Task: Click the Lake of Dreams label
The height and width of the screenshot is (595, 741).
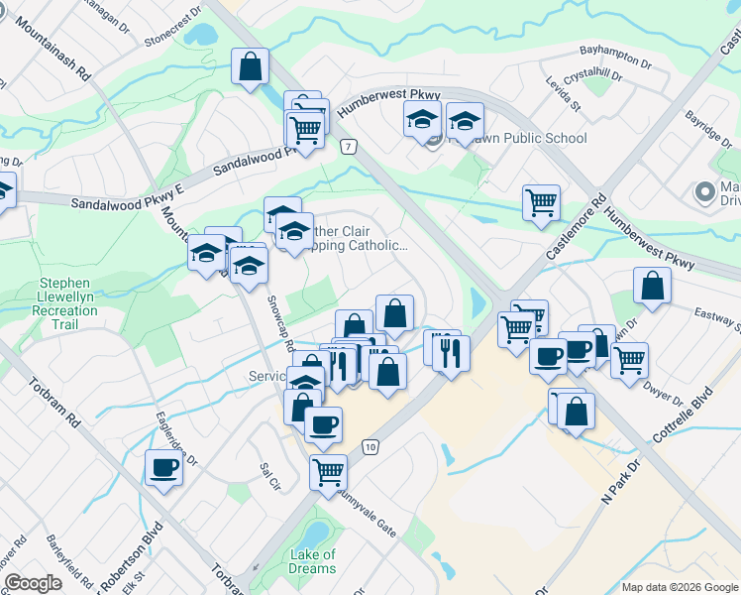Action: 313,561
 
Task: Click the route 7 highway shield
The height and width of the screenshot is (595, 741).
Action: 347,147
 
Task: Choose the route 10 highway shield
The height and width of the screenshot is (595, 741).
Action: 370,447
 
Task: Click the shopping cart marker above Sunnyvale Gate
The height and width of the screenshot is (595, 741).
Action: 328,470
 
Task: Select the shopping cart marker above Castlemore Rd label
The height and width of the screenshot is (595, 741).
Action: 541,202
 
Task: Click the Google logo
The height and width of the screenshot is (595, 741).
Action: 34,583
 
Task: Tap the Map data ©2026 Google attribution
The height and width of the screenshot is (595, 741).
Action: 680,587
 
